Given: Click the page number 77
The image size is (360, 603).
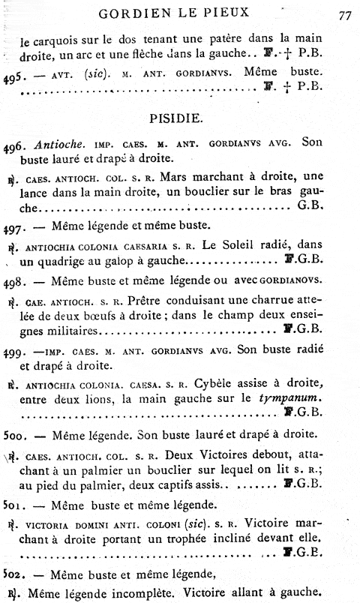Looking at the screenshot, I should [x=345, y=14].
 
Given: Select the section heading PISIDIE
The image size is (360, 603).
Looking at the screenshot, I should [x=179, y=118].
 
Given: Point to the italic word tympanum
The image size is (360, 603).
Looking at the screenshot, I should [x=281, y=396].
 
